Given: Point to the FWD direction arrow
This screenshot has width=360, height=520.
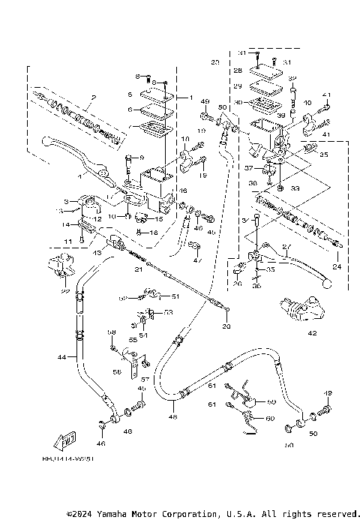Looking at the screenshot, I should click(67, 438).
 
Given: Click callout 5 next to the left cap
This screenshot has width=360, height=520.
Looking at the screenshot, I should click(130, 95).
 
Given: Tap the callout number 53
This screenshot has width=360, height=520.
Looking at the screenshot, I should click(168, 311).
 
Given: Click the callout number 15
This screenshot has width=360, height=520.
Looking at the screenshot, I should click(158, 219).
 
